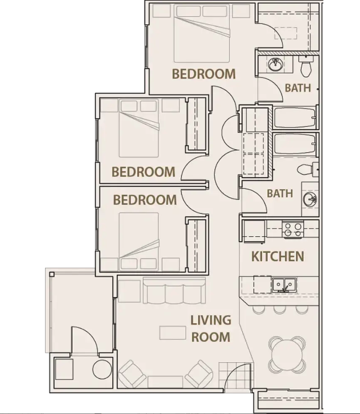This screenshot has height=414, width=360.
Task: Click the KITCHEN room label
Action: (x=278, y=256)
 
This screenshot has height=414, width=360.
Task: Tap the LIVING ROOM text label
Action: (x=211, y=329)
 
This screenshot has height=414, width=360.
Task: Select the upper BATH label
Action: (x=298, y=88)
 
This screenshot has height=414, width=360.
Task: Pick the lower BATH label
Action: (x=280, y=193)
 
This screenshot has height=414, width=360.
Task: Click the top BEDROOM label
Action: (x=203, y=74)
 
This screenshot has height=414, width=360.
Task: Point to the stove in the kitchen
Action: (x=293, y=229)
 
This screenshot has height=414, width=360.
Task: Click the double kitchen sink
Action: (x=283, y=284)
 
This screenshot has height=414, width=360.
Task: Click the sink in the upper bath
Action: (x=275, y=64)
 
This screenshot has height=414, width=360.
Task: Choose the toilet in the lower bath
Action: (x=307, y=169)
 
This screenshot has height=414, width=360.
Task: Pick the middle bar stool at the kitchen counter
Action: (x=280, y=310)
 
